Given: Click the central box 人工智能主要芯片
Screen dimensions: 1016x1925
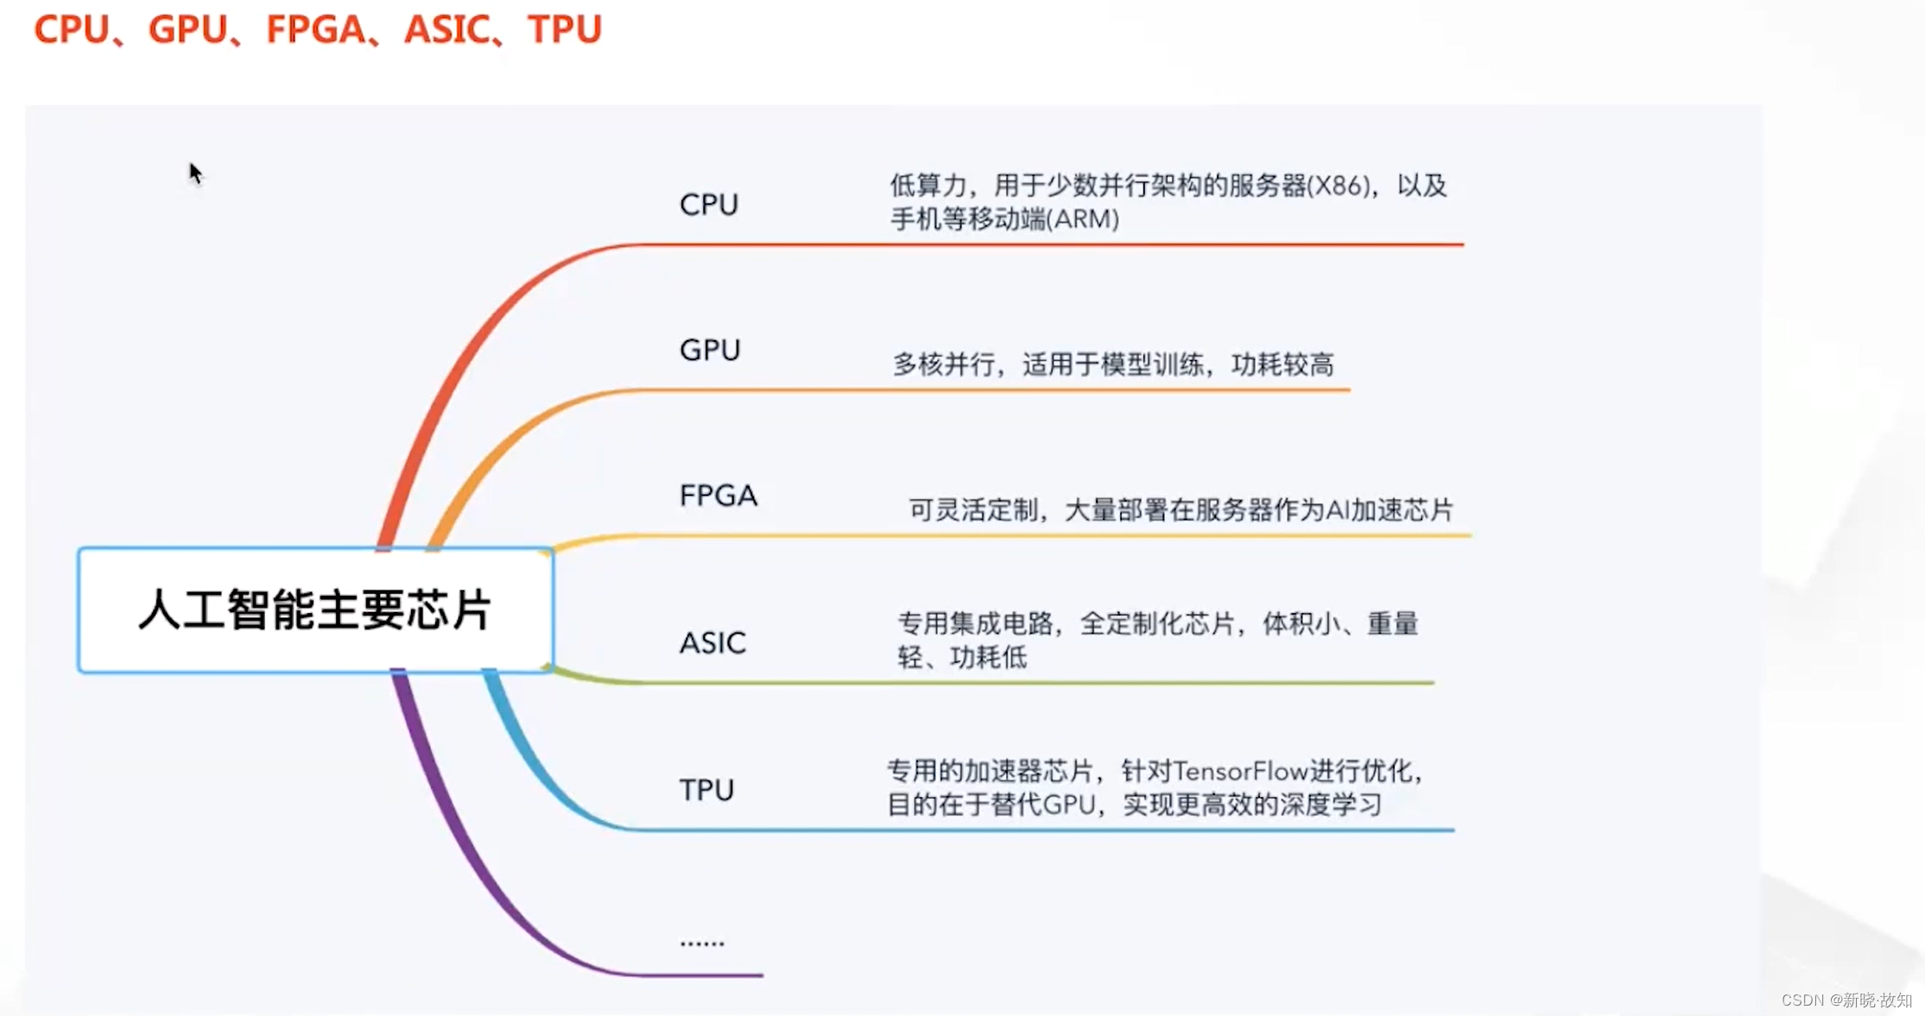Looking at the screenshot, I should tap(315, 610).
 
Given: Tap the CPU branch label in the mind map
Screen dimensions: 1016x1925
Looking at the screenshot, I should tap(708, 205).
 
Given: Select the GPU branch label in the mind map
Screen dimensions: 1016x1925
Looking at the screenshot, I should tap(709, 350).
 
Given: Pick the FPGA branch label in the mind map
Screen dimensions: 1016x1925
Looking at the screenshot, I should tap(718, 495).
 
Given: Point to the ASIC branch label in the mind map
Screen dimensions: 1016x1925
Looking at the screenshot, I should tap(712, 643).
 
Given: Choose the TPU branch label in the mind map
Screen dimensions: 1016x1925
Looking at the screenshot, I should tap(706, 790).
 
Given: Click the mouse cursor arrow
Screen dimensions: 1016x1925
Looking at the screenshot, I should tap(194, 172).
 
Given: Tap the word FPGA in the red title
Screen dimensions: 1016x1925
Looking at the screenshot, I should tap(315, 29).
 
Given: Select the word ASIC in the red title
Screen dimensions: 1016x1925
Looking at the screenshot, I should tap(446, 29).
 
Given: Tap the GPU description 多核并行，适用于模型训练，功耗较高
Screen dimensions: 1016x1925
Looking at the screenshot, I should tap(1112, 365).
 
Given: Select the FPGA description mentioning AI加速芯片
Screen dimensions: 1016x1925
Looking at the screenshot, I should tap(1180, 510).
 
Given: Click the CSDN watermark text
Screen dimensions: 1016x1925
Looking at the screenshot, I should tap(1846, 1000).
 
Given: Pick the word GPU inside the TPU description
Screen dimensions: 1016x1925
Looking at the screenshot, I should tap(1068, 805).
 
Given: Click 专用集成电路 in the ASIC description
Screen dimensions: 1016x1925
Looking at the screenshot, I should tap(975, 623).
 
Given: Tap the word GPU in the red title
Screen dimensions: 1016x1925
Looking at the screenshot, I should tap(187, 29).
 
